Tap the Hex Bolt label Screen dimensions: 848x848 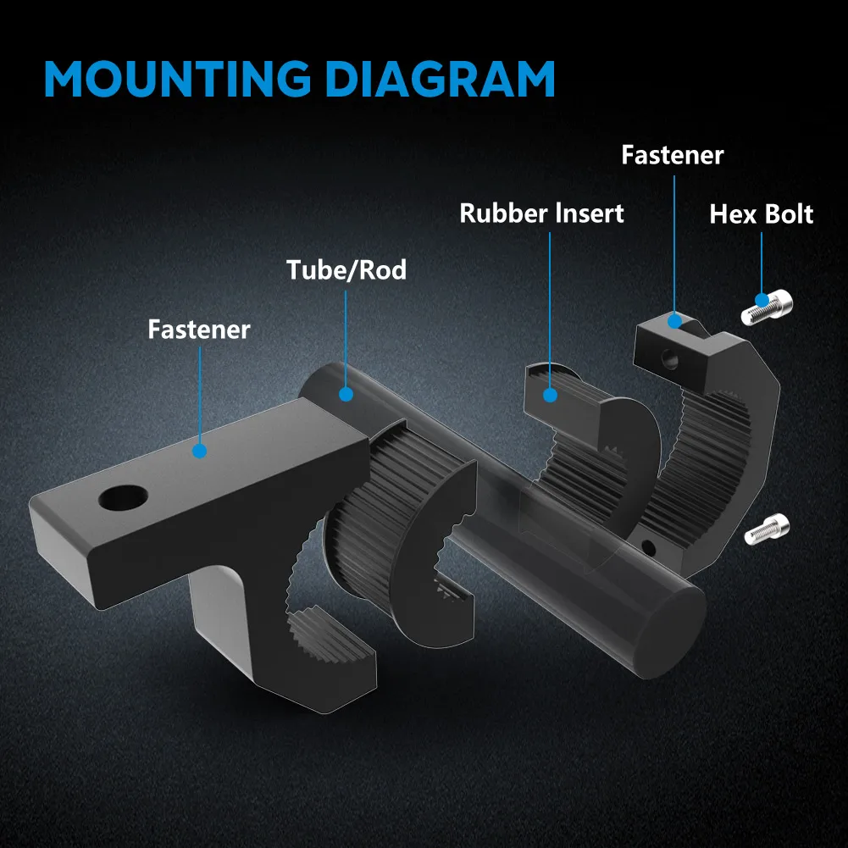tap(761, 214)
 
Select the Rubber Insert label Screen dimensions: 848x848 tap(541, 213)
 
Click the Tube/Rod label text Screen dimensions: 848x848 tap(346, 270)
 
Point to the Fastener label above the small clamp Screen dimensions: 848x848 tap(672, 155)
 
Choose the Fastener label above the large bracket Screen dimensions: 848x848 tap(199, 329)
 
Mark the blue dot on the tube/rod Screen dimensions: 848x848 tap(346, 393)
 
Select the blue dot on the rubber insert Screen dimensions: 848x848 tap(550, 394)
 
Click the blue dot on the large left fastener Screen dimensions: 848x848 tap(199, 451)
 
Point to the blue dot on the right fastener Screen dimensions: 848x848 tap(675, 320)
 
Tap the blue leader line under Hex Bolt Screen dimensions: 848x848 tap(762, 263)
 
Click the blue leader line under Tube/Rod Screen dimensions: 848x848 tap(346, 339)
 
